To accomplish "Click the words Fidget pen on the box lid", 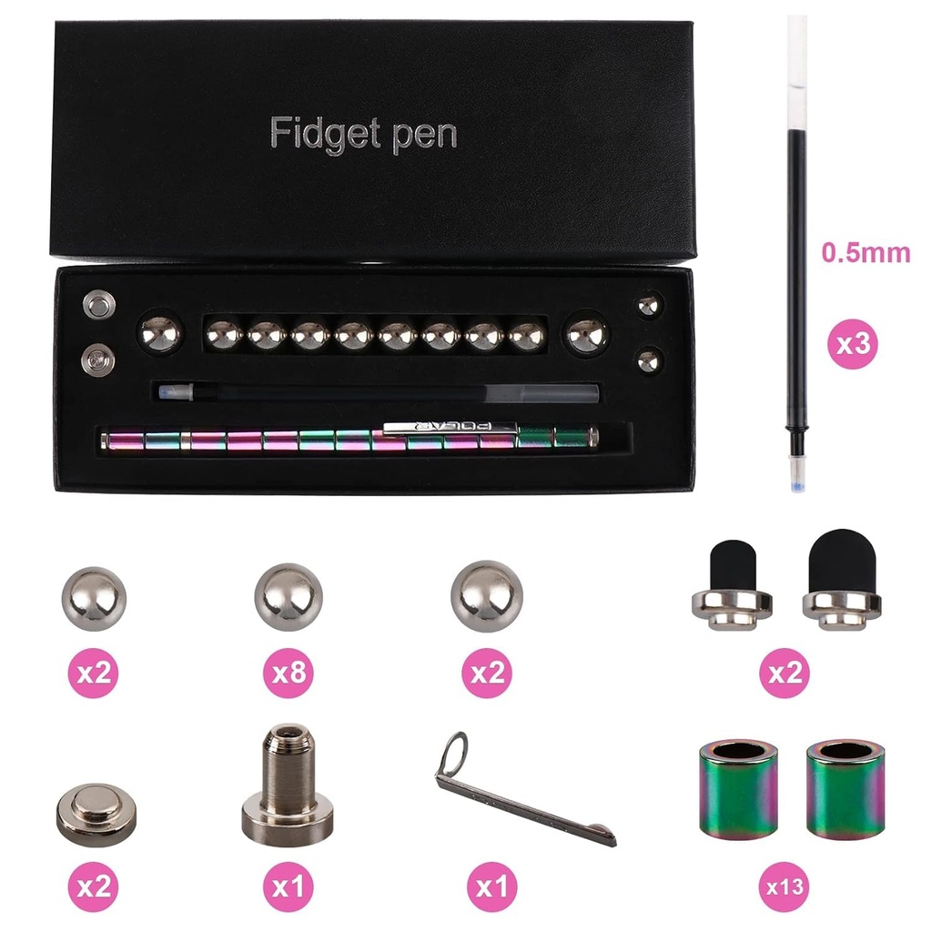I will pyautogui.click(x=363, y=135).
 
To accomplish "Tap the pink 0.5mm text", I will pyautogui.click(x=866, y=252).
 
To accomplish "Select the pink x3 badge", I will pyautogui.click(x=852, y=344).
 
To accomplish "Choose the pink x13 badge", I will pyautogui.click(x=784, y=886).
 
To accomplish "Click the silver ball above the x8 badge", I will pyautogui.click(x=289, y=597).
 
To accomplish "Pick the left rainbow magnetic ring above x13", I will pyautogui.click(x=738, y=789).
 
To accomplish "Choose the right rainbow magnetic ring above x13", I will pyautogui.click(x=845, y=789).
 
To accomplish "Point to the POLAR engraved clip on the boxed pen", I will pyautogui.click(x=451, y=425).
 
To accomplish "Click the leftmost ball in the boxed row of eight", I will pyautogui.click(x=224, y=336).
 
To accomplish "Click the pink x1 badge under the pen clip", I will pyautogui.click(x=491, y=886).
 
